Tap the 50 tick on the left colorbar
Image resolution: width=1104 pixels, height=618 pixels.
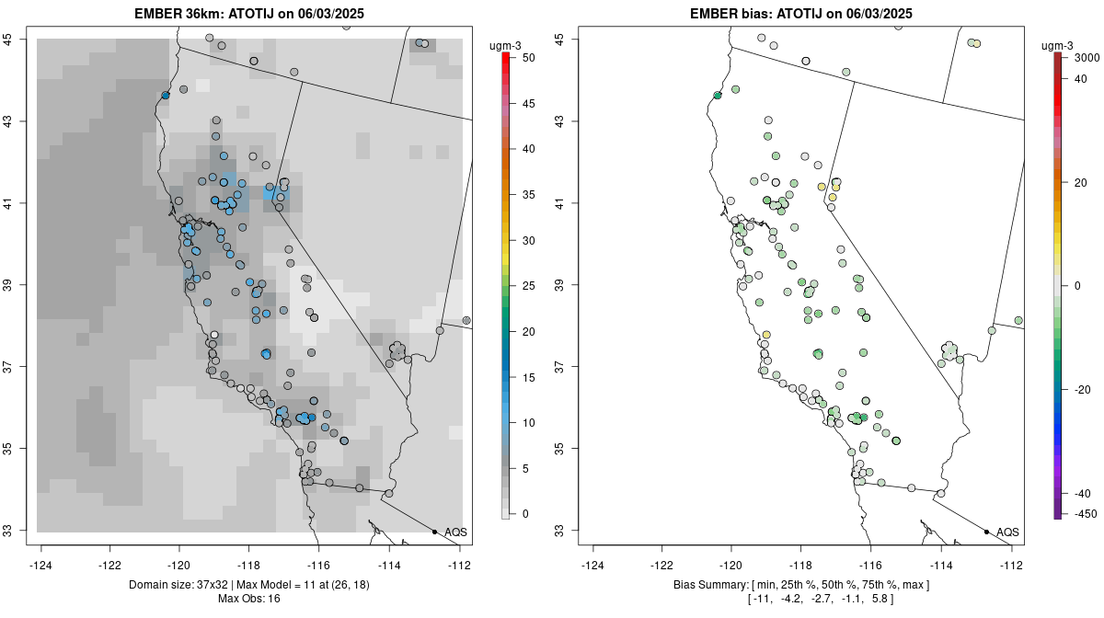tap(526, 58)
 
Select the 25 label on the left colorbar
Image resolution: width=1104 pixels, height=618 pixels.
tap(526, 286)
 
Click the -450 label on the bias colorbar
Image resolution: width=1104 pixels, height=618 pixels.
tap(1083, 514)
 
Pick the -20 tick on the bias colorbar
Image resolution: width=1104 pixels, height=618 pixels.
tap(1083, 389)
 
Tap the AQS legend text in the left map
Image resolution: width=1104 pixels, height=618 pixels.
tap(455, 532)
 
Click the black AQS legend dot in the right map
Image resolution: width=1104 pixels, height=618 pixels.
tap(986, 532)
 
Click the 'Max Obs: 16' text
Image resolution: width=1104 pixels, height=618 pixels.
tap(248, 599)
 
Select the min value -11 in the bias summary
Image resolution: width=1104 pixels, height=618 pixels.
tap(762, 599)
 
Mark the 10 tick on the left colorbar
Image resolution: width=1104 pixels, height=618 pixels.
tap(526, 423)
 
